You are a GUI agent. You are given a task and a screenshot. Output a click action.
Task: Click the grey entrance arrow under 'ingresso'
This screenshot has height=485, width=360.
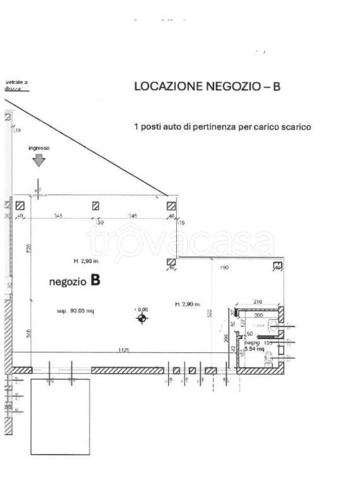click(39, 160)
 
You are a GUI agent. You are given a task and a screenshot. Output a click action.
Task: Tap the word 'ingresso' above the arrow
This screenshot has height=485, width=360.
click(39, 148)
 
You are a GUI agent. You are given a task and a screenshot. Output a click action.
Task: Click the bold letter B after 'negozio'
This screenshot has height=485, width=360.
click(95, 280)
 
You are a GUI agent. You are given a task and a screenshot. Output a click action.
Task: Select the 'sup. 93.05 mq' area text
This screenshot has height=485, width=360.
click(75, 311)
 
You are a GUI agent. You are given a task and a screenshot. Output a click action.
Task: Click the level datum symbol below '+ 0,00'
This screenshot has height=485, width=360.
click(141, 319)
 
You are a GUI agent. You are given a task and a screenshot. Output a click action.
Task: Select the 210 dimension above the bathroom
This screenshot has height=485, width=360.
click(257, 302)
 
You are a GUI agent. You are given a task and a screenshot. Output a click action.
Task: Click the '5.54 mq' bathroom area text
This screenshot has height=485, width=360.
click(253, 349)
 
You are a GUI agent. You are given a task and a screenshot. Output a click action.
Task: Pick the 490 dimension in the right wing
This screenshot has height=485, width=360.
click(224, 268)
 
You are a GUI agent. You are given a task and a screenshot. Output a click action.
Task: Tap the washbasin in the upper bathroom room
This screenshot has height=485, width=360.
click(272, 325)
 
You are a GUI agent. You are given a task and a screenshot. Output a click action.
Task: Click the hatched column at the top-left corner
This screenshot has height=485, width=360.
click(20, 205)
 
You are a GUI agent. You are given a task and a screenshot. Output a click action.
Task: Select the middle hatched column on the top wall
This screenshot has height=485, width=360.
click(95, 205)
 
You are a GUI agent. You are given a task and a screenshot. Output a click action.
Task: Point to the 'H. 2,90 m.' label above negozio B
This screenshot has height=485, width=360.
click(85, 260)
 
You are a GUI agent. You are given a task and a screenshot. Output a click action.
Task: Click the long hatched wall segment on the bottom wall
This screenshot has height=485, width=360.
click(126, 370)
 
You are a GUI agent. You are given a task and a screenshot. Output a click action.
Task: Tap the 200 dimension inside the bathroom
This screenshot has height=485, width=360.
click(257, 314)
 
